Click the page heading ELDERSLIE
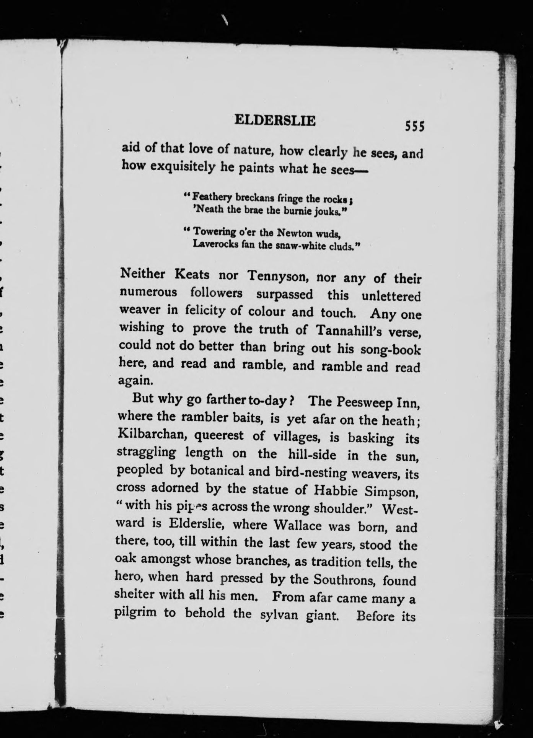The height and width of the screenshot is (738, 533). coord(275,121)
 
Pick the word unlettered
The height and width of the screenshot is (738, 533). coord(391,296)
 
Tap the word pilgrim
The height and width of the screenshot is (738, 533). coord(135,612)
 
